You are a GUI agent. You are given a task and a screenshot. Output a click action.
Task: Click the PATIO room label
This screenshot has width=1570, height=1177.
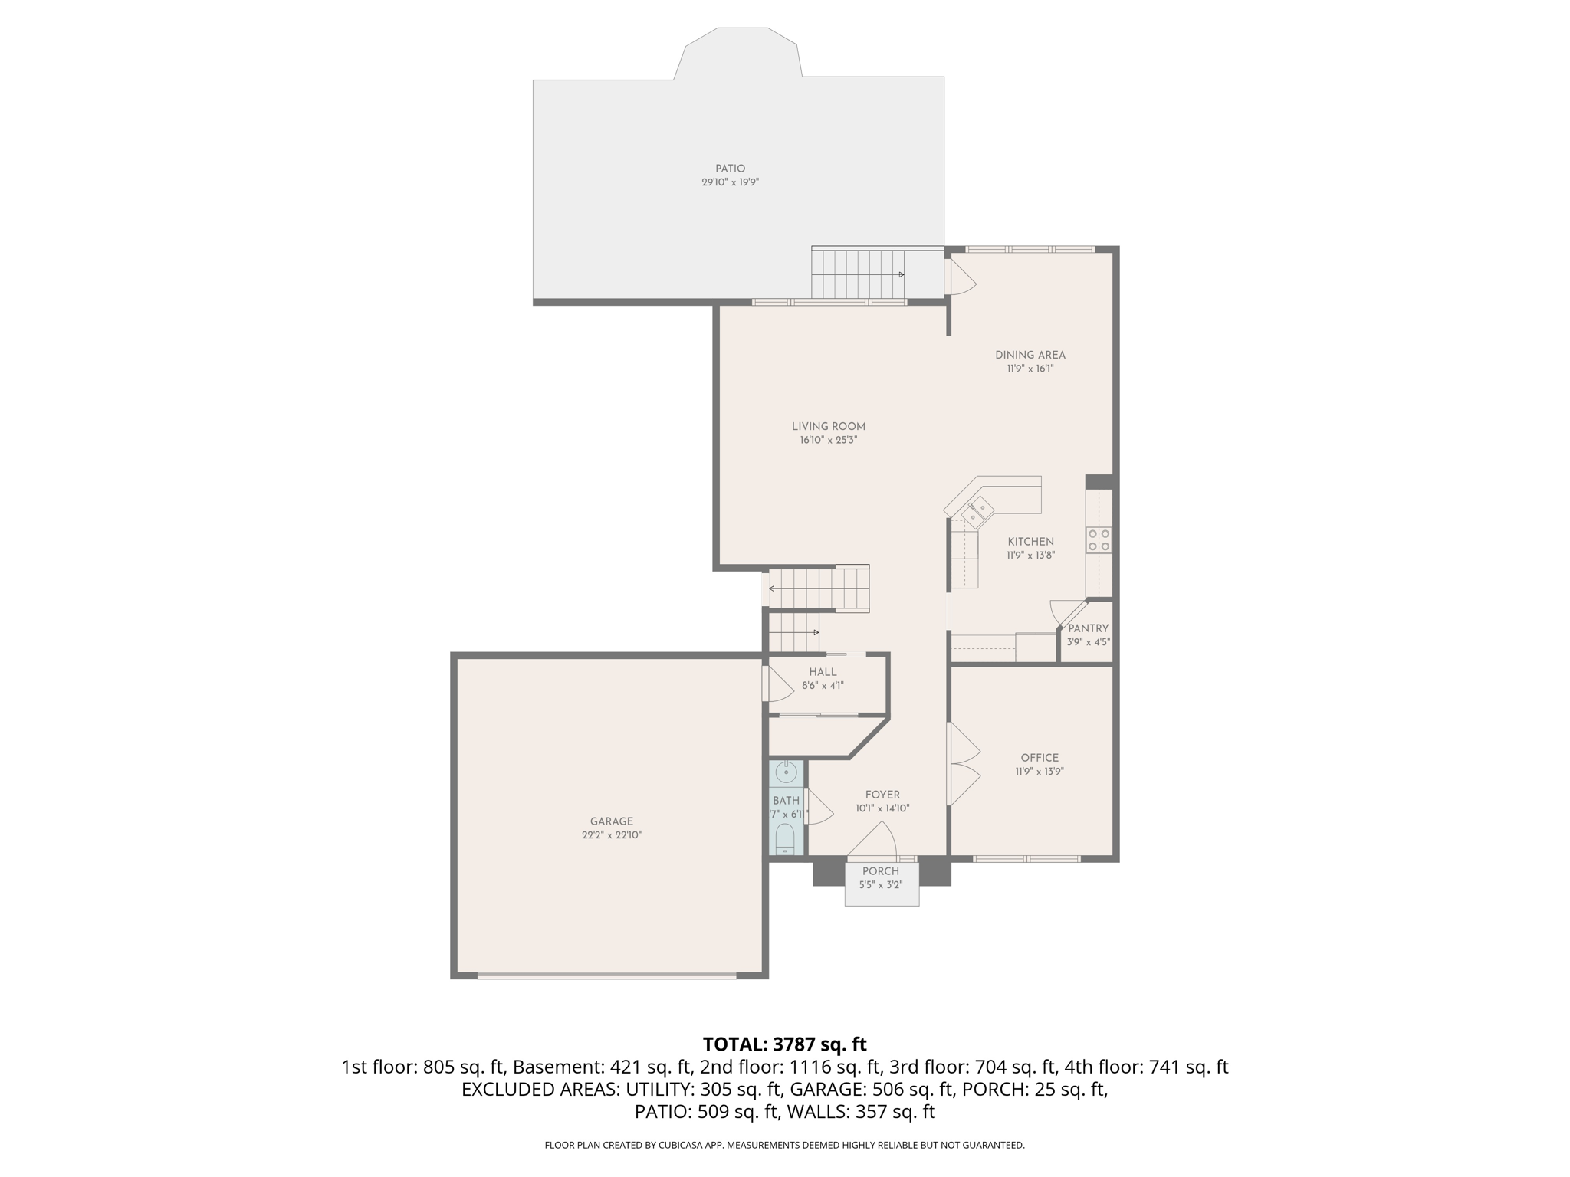(x=730, y=169)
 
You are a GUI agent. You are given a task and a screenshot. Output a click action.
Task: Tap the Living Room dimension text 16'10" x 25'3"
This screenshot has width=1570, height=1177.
(x=828, y=441)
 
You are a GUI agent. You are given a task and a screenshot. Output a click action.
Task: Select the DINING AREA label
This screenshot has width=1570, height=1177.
(x=1030, y=355)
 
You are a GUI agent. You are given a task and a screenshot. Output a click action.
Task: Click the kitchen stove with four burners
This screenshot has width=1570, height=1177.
(x=1099, y=540)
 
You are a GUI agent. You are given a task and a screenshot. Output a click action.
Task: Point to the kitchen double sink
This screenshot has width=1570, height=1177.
(x=977, y=512)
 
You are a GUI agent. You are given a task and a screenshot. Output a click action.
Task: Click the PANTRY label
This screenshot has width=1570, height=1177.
(x=1088, y=628)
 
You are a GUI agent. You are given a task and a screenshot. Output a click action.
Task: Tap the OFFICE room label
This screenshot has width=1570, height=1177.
(x=1040, y=758)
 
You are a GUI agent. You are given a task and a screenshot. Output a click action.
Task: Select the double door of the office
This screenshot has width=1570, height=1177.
(x=963, y=764)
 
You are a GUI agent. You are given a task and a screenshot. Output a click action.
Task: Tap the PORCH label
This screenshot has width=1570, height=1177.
(x=880, y=871)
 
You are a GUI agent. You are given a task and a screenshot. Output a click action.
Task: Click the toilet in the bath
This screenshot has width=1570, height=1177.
(x=785, y=839)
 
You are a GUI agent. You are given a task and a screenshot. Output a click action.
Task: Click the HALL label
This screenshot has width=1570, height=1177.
(x=823, y=672)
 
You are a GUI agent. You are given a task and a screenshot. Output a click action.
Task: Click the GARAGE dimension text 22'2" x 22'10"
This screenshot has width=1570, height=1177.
(x=611, y=835)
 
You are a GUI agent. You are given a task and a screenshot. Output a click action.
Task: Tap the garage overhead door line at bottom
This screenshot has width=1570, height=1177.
(x=606, y=975)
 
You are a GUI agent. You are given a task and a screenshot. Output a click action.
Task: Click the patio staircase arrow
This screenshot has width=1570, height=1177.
(x=902, y=274)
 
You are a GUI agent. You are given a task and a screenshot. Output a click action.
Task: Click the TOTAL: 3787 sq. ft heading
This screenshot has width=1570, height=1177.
(x=784, y=1044)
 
